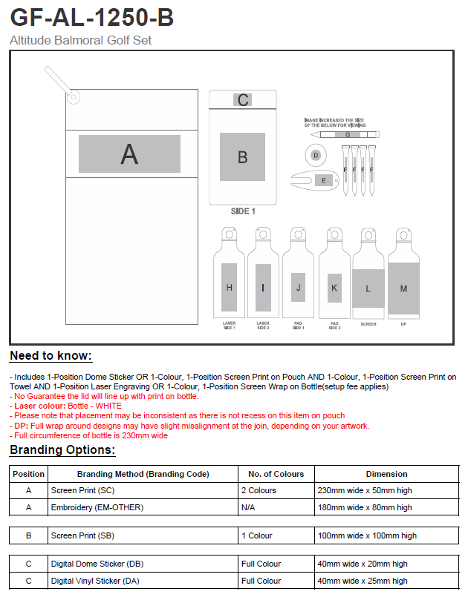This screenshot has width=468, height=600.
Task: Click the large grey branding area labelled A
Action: (129, 154)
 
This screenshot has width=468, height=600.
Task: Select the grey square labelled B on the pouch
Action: (242, 156)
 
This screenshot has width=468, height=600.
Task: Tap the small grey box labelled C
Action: (243, 100)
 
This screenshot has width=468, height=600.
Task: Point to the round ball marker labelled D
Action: (316, 155)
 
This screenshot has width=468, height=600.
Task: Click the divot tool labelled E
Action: (322, 180)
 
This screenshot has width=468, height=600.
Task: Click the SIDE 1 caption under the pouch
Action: (243, 211)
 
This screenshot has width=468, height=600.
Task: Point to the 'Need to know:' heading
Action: (51, 356)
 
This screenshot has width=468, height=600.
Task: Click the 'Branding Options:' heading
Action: (62, 450)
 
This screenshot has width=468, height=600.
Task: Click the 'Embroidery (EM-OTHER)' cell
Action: (97, 507)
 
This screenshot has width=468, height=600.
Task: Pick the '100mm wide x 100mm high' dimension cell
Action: (367, 535)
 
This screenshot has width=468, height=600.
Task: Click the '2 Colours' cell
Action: (259, 490)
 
